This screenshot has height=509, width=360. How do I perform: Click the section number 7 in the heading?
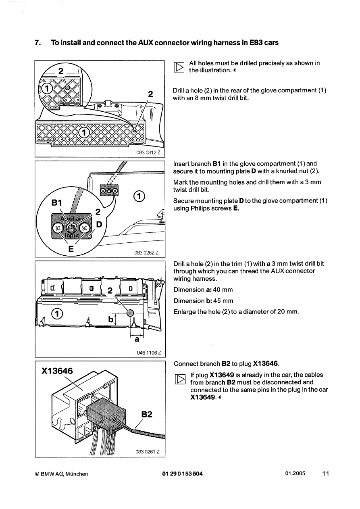click(37, 43)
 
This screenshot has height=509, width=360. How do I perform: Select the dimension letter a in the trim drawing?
click(136, 339)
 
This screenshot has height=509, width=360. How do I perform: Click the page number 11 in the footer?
click(325, 474)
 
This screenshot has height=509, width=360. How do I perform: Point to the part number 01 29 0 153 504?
click(182, 474)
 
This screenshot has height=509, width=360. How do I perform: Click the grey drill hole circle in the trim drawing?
click(130, 313)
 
